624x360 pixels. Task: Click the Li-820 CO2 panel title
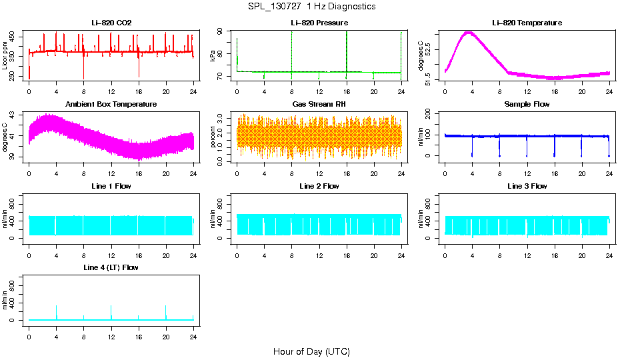coord(111,23)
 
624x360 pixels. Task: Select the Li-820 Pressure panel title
coord(319,23)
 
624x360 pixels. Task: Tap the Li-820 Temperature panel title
coord(527,23)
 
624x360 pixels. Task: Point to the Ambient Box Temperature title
coord(111,105)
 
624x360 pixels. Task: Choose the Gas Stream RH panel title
coord(319,105)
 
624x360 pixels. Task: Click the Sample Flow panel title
coord(527,105)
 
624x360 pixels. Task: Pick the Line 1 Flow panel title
coord(111,186)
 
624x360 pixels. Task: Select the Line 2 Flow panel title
coord(319,186)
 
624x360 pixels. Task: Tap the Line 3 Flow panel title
coord(527,186)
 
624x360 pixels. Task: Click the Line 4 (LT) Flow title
coord(111,267)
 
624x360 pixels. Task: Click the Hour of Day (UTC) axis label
coord(311,351)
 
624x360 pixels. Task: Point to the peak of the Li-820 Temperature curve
coord(469,32)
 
